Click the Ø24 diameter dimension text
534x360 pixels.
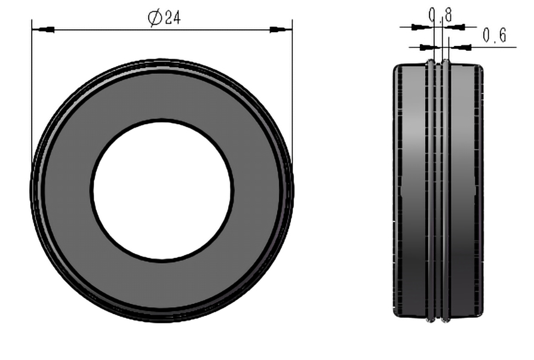point(164,18)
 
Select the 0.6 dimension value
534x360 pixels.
point(494,36)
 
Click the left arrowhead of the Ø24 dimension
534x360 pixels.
point(44,29)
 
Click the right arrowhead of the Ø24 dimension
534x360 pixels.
point(278,29)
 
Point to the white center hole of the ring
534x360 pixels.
point(162,190)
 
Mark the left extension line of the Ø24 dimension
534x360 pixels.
point(31,90)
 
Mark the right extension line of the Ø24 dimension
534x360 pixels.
point(292,90)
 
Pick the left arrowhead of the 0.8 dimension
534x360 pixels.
point(423,26)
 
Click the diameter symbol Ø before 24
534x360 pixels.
point(155,18)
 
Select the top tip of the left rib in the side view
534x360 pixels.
point(430,61)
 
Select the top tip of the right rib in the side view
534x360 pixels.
point(445,61)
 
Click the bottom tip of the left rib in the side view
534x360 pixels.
point(430,321)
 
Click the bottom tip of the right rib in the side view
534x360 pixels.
point(445,321)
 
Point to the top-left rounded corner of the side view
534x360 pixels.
point(396,67)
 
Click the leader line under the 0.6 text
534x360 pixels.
point(490,47)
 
